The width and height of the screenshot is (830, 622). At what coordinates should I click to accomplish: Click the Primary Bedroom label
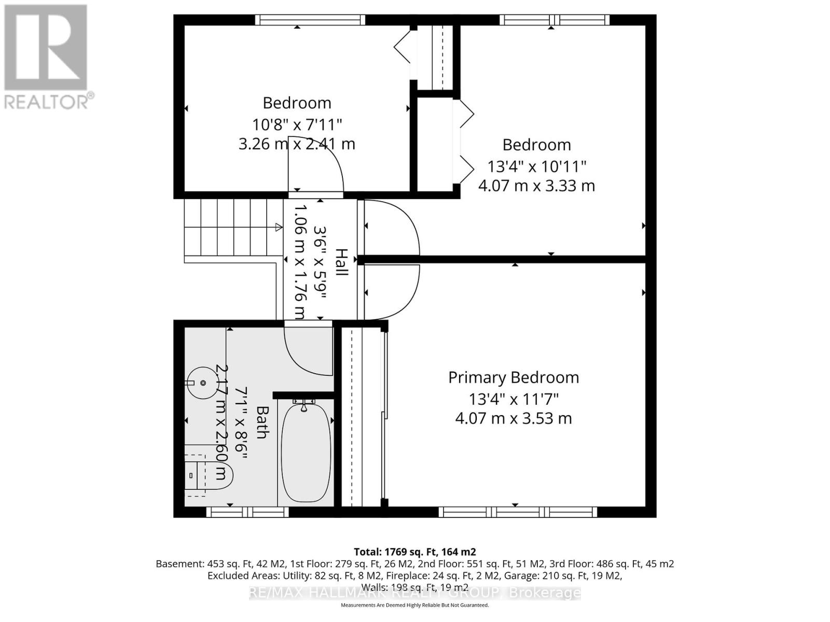click(x=514, y=377)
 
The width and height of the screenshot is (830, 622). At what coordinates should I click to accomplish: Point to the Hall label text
click(x=341, y=262)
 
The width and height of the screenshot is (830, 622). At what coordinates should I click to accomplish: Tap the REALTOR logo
click(x=47, y=57)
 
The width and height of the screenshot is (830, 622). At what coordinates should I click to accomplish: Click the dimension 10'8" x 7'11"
click(x=297, y=124)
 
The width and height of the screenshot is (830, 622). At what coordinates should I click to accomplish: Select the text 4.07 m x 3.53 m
click(x=514, y=418)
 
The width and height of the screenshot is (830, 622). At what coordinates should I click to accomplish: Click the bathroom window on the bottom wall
click(x=247, y=512)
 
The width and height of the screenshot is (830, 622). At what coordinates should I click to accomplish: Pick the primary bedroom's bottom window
click(x=518, y=512)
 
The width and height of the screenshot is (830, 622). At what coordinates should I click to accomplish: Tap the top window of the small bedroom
click(x=310, y=20)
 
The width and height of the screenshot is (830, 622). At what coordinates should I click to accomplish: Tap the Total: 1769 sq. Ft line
click(x=414, y=552)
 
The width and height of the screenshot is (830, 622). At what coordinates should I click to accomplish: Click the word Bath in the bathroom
click(x=262, y=422)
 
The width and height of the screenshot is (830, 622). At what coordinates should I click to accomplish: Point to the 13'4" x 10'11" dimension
click(x=536, y=166)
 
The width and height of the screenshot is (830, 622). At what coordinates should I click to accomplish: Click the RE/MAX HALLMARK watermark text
click(x=414, y=592)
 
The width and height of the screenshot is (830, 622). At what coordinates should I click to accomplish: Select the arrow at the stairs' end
click(x=279, y=227)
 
